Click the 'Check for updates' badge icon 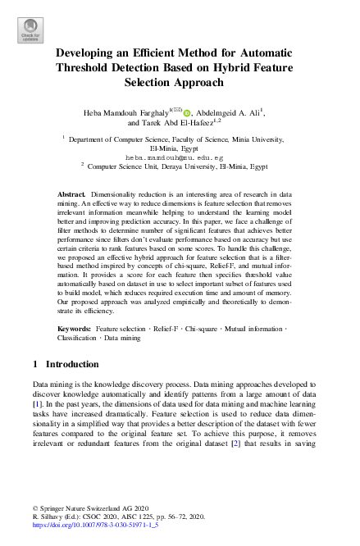(30, 30)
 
